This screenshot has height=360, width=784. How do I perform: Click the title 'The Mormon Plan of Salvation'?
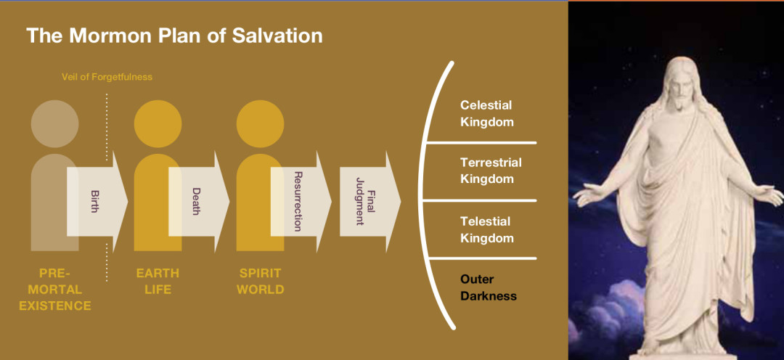point(174,36)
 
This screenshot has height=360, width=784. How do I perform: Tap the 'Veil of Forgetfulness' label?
point(107,76)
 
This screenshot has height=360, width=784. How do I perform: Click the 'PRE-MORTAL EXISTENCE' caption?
point(55,290)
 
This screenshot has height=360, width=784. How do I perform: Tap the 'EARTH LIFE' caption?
point(158,282)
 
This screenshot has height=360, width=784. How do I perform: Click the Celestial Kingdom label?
point(486,114)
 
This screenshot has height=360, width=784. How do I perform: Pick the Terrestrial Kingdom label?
point(491,171)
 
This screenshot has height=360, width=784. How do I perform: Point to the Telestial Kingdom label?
point(486,229)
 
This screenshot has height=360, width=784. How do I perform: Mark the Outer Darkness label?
point(488,287)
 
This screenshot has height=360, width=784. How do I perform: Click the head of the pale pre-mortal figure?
point(55,123)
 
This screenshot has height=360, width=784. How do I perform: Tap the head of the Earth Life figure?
point(158,123)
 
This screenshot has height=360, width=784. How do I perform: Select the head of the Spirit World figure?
point(260,123)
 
